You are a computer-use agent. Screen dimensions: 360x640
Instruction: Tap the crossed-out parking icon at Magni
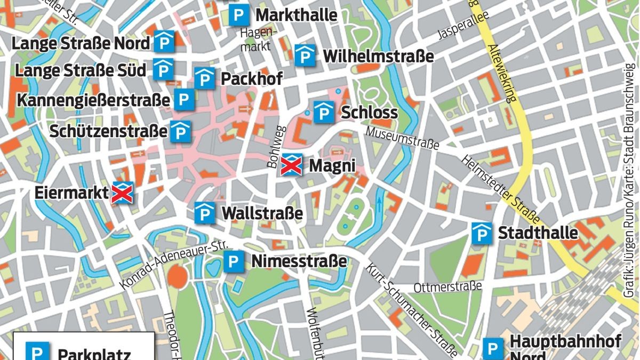point(291,165)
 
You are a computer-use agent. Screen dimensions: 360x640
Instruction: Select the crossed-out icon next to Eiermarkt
point(122,193)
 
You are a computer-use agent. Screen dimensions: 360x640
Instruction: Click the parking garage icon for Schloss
point(323,112)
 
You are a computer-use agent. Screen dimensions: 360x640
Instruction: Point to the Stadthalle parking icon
point(482,234)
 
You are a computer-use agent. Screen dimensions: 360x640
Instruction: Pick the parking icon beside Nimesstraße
point(233,262)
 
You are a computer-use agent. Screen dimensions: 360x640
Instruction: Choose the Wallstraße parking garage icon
point(204,213)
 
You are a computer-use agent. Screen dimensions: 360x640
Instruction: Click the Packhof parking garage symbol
point(204,78)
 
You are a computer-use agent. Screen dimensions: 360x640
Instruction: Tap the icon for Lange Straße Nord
point(164,42)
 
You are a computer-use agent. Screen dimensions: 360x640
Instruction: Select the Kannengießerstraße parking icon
point(183,100)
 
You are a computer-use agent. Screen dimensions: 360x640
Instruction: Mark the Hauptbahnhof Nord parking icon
point(493,349)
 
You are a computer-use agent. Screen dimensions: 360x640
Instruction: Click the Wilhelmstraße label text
point(378,56)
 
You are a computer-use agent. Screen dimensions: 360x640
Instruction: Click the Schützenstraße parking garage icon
point(180,132)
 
